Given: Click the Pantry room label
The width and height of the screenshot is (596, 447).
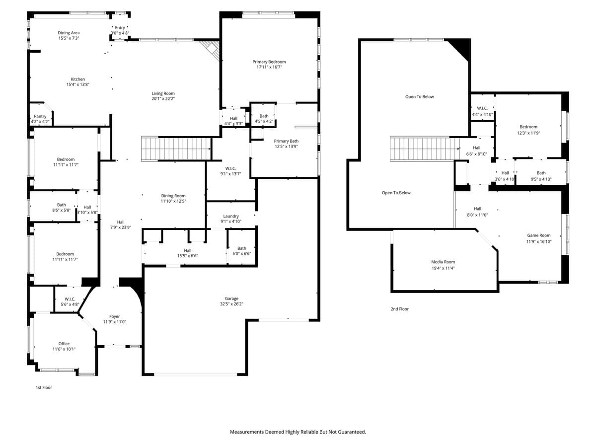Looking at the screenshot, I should (40, 116).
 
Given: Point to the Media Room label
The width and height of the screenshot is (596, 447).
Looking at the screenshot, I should (443, 262).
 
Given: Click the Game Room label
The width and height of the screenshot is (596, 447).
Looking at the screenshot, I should (538, 235).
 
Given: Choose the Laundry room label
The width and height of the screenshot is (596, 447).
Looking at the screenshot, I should (231, 216).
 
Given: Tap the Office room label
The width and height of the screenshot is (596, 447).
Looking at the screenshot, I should (64, 344).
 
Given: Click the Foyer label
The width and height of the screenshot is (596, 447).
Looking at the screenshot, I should (114, 316).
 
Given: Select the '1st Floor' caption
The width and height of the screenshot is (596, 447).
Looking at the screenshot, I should (43, 387).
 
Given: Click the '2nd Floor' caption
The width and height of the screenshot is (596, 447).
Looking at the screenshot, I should (399, 309).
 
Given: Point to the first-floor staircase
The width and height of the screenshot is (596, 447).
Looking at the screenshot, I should (176, 149).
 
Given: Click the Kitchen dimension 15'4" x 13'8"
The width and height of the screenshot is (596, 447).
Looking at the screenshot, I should (77, 84).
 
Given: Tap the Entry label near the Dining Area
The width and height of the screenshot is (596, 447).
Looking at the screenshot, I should (120, 28).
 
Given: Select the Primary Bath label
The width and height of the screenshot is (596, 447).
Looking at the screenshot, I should (287, 141).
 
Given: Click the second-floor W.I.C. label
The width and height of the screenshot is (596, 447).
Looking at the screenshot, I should (482, 108).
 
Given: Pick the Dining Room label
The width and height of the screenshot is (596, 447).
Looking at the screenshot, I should (173, 196).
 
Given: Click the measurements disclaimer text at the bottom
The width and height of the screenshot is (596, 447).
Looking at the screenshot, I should (298, 432).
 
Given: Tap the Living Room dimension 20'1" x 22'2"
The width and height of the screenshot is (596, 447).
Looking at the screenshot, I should (163, 99).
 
